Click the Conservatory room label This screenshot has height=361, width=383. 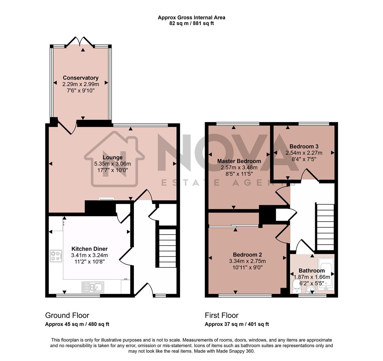(x=80, y=78)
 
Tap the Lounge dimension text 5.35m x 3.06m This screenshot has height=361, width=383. (x=113, y=164)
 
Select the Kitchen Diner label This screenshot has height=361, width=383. (x=89, y=249)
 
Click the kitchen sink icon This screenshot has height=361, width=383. (x=93, y=287)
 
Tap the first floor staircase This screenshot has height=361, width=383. (x=325, y=227)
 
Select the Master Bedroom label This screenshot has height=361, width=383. (x=239, y=161)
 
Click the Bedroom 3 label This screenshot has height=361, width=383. (x=304, y=146)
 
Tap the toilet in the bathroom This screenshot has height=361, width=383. (x=295, y=287)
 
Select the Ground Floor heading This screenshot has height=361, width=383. (x=67, y=315)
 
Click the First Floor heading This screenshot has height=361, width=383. (x=222, y=315)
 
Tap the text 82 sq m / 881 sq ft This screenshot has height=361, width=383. (x=191, y=23)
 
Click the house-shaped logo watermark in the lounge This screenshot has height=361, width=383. (x=114, y=160)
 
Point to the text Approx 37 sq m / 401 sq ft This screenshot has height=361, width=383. (x=237, y=324)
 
